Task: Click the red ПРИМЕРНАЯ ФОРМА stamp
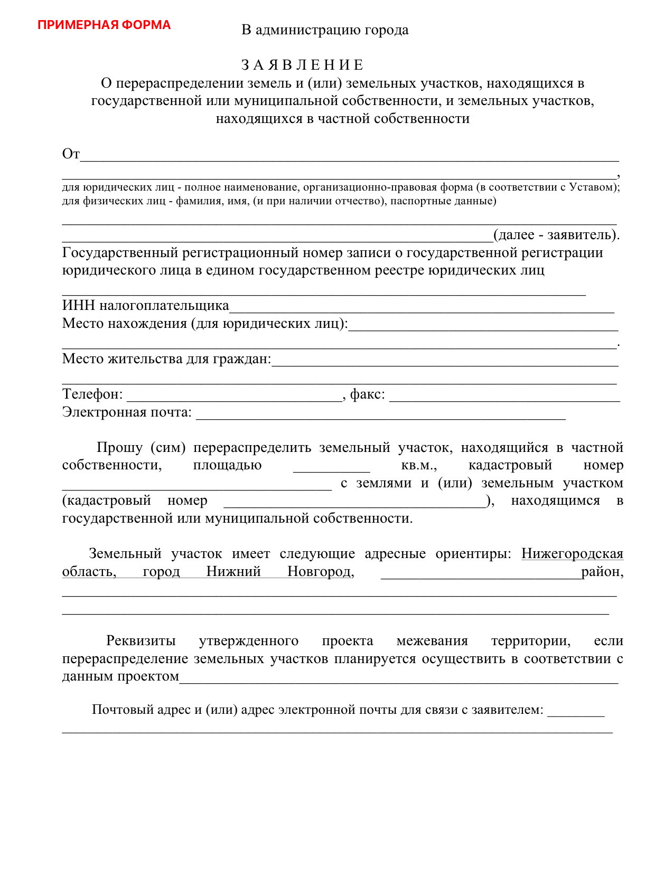(x=104, y=25)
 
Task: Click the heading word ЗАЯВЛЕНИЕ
(x=302, y=65)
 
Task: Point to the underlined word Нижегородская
(x=572, y=553)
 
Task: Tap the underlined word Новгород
(x=320, y=571)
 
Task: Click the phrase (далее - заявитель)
(x=556, y=235)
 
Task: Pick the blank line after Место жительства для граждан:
(x=444, y=362)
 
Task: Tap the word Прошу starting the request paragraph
(x=120, y=448)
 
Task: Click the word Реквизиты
(x=141, y=641)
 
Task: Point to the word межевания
(x=432, y=641)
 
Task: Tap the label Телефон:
(x=92, y=394)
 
